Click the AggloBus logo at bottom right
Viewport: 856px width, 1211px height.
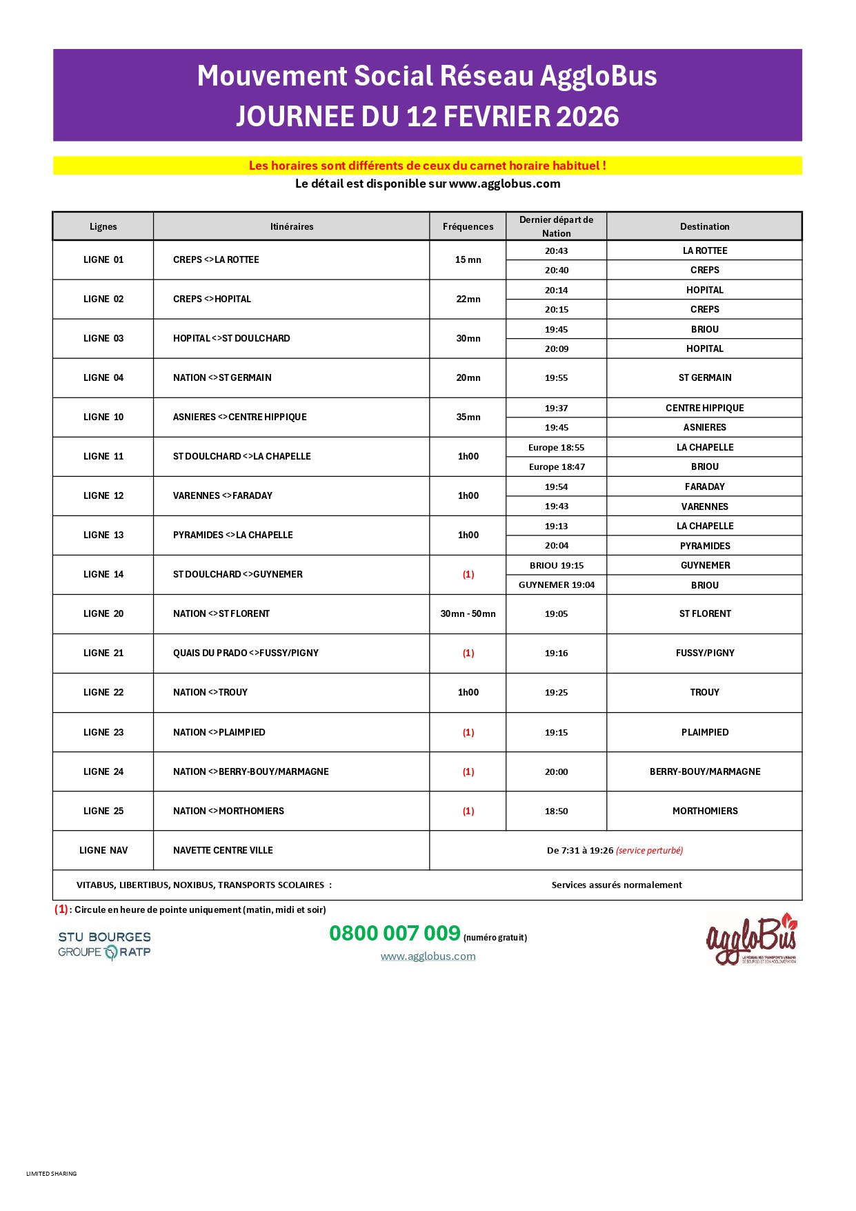751,939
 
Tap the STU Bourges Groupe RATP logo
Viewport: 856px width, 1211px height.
104,945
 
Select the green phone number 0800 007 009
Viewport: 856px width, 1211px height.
395,934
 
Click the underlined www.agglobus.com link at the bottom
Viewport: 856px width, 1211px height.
428,956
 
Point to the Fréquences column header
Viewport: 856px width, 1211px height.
468,226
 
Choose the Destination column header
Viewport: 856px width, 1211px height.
704,226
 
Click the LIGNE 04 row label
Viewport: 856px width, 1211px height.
103,377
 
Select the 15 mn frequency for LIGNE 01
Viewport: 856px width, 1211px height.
468,259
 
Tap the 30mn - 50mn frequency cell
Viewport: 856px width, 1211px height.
468,613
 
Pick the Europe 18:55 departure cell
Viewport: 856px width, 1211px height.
556,447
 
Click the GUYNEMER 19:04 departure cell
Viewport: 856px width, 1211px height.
556,584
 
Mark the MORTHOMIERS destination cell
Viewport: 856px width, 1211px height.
704,811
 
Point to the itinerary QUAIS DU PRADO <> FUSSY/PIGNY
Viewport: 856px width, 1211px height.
246,653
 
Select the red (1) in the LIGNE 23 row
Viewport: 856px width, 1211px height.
468,732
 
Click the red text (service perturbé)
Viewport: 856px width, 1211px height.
649,850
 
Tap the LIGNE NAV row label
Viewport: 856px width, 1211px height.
103,850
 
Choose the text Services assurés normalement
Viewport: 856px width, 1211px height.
617,885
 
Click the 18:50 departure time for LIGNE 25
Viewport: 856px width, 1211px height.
556,811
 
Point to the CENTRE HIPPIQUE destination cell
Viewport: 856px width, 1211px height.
704,408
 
